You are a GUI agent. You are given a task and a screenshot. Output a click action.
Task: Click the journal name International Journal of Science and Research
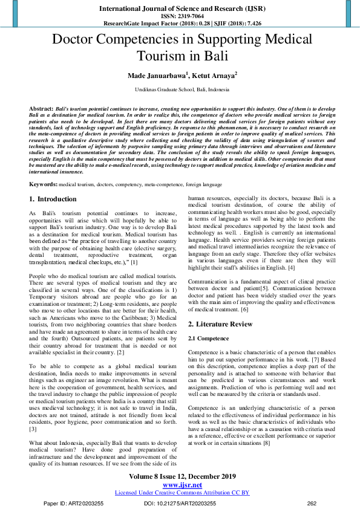tap(179, 9)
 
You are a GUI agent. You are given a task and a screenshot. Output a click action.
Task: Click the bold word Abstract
tap(41, 108)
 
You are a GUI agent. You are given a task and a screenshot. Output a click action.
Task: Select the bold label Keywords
tap(43, 166)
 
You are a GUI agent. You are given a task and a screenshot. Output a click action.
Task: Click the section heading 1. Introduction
tap(53, 182)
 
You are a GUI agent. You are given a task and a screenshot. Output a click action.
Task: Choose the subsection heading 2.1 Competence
tap(209, 338)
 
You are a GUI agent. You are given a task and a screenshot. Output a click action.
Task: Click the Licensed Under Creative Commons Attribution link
tap(182, 493)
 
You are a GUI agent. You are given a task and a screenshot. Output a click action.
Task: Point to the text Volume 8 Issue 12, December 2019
tap(182, 476)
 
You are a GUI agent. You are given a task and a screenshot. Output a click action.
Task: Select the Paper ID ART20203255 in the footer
tap(70, 503)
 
